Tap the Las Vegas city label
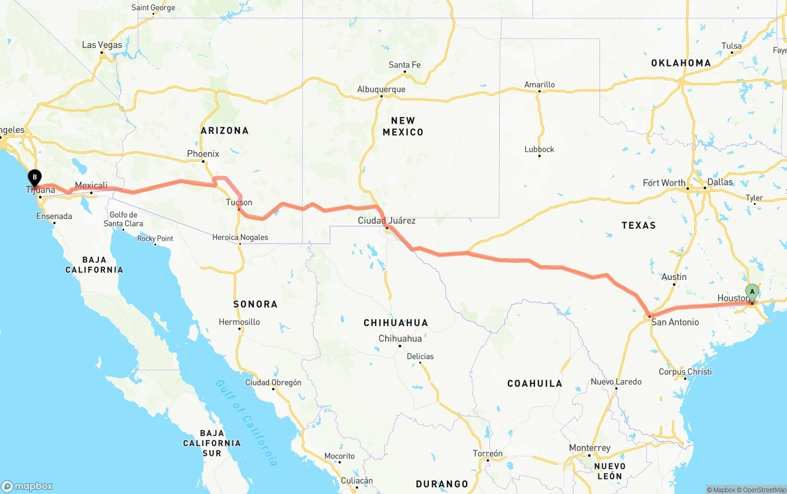coord(102,45)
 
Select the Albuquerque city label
coord(381,89)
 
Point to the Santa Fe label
coord(405,65)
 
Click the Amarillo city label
coord(539,84)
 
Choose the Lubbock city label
coord(539,149)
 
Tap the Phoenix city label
coord(203,154)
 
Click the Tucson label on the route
coord(239,202)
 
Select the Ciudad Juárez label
coord(387,220)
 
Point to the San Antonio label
coord(674,322)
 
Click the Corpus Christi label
coord(685,372)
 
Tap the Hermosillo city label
coord(239,322)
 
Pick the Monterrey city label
coord(590,448)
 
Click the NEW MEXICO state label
coord(403,126)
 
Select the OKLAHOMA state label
coord(681,63)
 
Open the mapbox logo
coord(27,486)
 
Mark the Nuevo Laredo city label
coord(615,381)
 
